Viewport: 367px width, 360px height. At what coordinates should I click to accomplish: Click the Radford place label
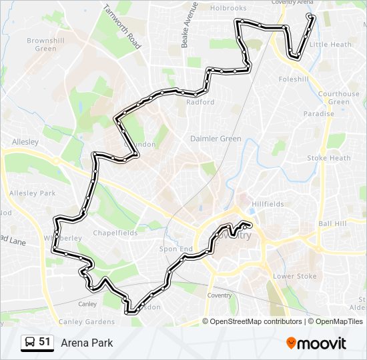[x=200, y=102]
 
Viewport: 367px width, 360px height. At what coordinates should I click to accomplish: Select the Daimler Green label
[x=216, y=139]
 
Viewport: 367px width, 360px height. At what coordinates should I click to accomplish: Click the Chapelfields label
[x=115, y=233]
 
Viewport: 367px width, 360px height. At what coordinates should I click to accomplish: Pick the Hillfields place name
[x=268, y=203]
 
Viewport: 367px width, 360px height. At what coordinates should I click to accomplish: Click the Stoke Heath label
[x=328, y=158]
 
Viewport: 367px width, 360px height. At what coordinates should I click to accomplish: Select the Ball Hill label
[x=332, y=223]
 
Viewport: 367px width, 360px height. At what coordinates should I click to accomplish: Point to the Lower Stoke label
[x=295, y=275]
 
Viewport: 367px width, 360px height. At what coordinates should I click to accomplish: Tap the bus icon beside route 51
[x=31, y=342]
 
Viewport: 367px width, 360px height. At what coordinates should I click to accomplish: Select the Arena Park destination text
[x=87, y=343]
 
